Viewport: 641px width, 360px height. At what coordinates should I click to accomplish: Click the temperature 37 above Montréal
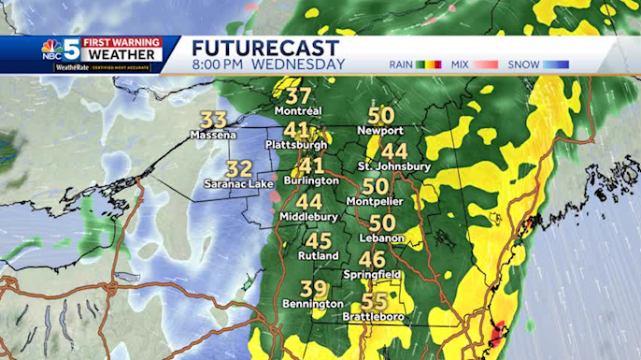pyautogui.click(x=299, y=96)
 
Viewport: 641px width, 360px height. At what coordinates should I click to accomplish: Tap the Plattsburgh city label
pyautogui.click(x=296, y=145)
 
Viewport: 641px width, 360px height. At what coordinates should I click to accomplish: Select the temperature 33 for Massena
pyautogui.click(x=214, y=121)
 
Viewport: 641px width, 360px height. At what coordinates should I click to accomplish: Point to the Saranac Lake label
pyautogui.click(x=239, y=184)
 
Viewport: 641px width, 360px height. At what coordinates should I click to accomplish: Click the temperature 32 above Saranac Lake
pyautogui.click(x=239, y=169)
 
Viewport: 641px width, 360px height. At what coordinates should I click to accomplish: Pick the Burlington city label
pyautogui.click(x=312, y=180)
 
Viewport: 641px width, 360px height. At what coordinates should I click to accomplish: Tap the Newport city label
pyautogui.click(x=380, y=131)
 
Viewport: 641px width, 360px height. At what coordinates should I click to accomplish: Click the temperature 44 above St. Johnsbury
pyautogui.click(x=394, y=151)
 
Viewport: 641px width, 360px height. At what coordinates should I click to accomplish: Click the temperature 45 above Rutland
pyautogui.click(x=318, y=240)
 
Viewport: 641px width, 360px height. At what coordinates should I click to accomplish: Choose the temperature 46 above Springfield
pyautogui.click(x=372, y=259)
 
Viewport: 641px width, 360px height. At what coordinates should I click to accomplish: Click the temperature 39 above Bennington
pyautogui.click(x=314, y=290)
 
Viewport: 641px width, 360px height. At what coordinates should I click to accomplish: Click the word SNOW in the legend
pyautogui.click(x=525, y=65)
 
